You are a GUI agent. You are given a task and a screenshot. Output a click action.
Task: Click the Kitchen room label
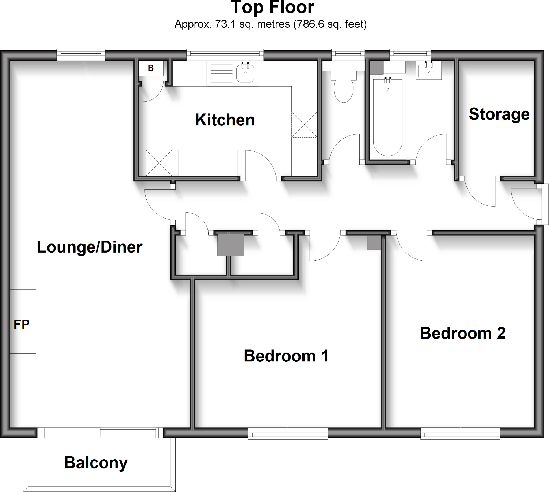point(225,120)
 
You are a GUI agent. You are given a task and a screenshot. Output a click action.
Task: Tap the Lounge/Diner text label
point(90,247)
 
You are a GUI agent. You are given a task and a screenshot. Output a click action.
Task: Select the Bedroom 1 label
point(286,356)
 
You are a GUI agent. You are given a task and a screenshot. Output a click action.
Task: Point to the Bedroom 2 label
point(462,333)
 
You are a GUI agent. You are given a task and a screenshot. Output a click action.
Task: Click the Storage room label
point(499,114)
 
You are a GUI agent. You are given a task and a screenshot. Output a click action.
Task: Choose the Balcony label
point(96,463)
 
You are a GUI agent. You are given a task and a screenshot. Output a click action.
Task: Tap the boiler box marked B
point(151,68)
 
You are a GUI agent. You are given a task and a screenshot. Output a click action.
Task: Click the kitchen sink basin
point(245,73)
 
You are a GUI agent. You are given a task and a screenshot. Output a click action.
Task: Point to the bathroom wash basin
point(428,71)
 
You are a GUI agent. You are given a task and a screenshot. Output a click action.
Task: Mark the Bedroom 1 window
point(288,435)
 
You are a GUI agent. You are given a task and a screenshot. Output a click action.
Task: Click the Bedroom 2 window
point(460,435)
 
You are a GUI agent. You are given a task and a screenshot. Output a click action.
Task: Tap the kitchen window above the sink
point(225,55)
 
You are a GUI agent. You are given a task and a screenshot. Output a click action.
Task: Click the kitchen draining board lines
point(222,73)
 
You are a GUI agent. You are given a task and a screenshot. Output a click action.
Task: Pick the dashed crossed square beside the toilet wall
point(304,125)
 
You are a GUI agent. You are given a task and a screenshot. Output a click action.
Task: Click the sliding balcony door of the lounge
point(100,433)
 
